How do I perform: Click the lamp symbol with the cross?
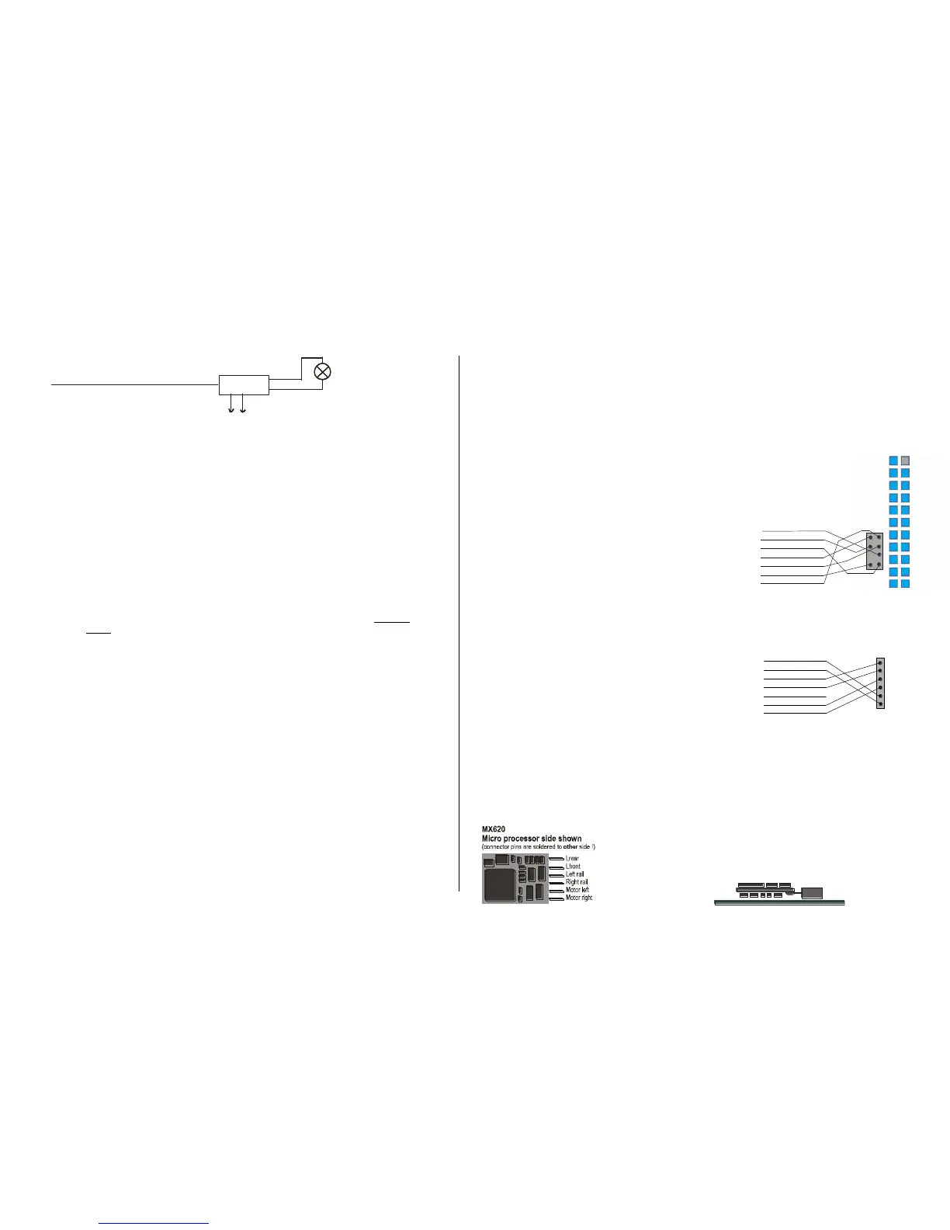click(x=322, y=372)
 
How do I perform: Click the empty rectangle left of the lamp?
click(x=244, y=384)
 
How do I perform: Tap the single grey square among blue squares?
click(x=905, y=460)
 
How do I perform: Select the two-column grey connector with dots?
click(x=875, y=551)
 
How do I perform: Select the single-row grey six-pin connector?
click(x=880, y=683)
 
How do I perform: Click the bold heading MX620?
click(x=494, y=830)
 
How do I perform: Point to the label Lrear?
click(x=573, y=859)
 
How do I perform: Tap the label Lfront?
click(x=574, y=867)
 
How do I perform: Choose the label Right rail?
click(x=577, y=882)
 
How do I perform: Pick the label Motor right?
click(x=580, y=898)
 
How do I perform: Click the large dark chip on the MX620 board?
click(x=498, y=885)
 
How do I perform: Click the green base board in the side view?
click(x=778, y=902)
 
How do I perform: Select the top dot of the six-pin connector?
click(x=880, y=663)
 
